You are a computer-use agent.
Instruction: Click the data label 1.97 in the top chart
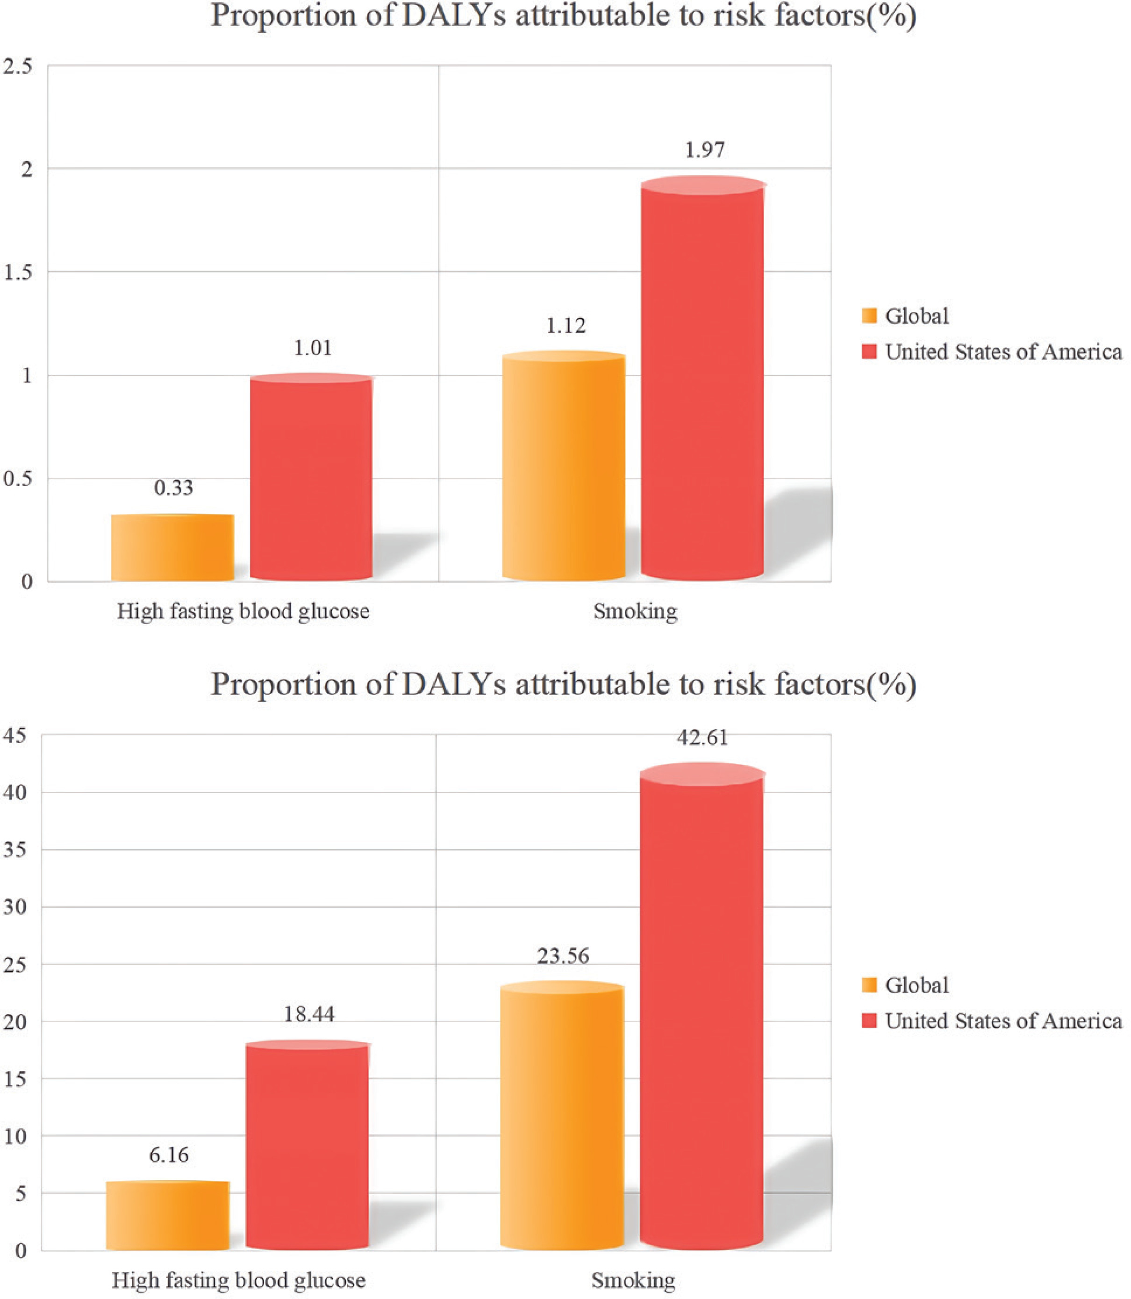(x=704, y=150)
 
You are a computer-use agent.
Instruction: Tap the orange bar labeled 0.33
(x=172, y=547)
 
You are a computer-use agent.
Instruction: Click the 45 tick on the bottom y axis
(x=15, y=735)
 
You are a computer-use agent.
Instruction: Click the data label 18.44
(x=308, y=1014)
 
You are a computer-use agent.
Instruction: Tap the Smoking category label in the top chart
(x=635, y=611)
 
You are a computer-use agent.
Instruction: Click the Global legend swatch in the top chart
(x=869, y=316)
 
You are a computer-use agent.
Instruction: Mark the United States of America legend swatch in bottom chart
(x=869, y=1021)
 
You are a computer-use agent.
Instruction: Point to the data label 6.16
(x=169, y=1155)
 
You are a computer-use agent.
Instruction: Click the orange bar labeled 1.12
(x=564, y=467)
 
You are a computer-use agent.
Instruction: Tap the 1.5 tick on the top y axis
(x=18, y=273)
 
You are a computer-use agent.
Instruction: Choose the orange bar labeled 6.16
(x=168, y=1215)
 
